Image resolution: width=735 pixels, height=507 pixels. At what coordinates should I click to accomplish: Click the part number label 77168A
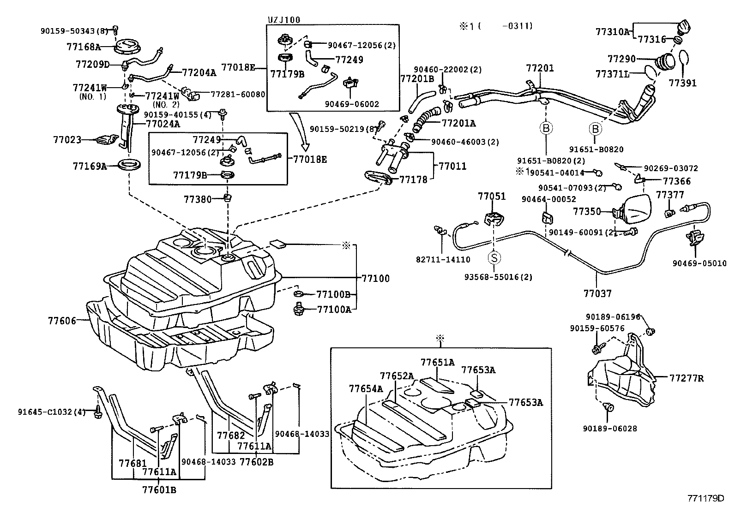pyautogui.click(x=83, y=47)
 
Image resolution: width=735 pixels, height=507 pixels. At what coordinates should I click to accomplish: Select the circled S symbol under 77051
pyautogui.click(x=494, y=257)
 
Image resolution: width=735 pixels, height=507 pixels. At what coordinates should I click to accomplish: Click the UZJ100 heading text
pyautogui.click(x=284, y=19)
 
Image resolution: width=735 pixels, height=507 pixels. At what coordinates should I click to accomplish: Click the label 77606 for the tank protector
pyautogui.click(x=62, y=320)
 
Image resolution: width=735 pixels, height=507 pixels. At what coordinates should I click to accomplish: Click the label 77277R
pyautogui.click(x=687, y=378)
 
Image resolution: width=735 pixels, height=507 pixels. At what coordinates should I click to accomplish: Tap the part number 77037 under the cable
pyautogui.click(x=597, y=293)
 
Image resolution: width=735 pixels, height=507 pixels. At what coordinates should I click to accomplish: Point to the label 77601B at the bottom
pyautogui.click(x=159, y=490)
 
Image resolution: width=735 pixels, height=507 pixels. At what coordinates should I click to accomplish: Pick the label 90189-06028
pyautogui.click(x=609, y=429)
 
